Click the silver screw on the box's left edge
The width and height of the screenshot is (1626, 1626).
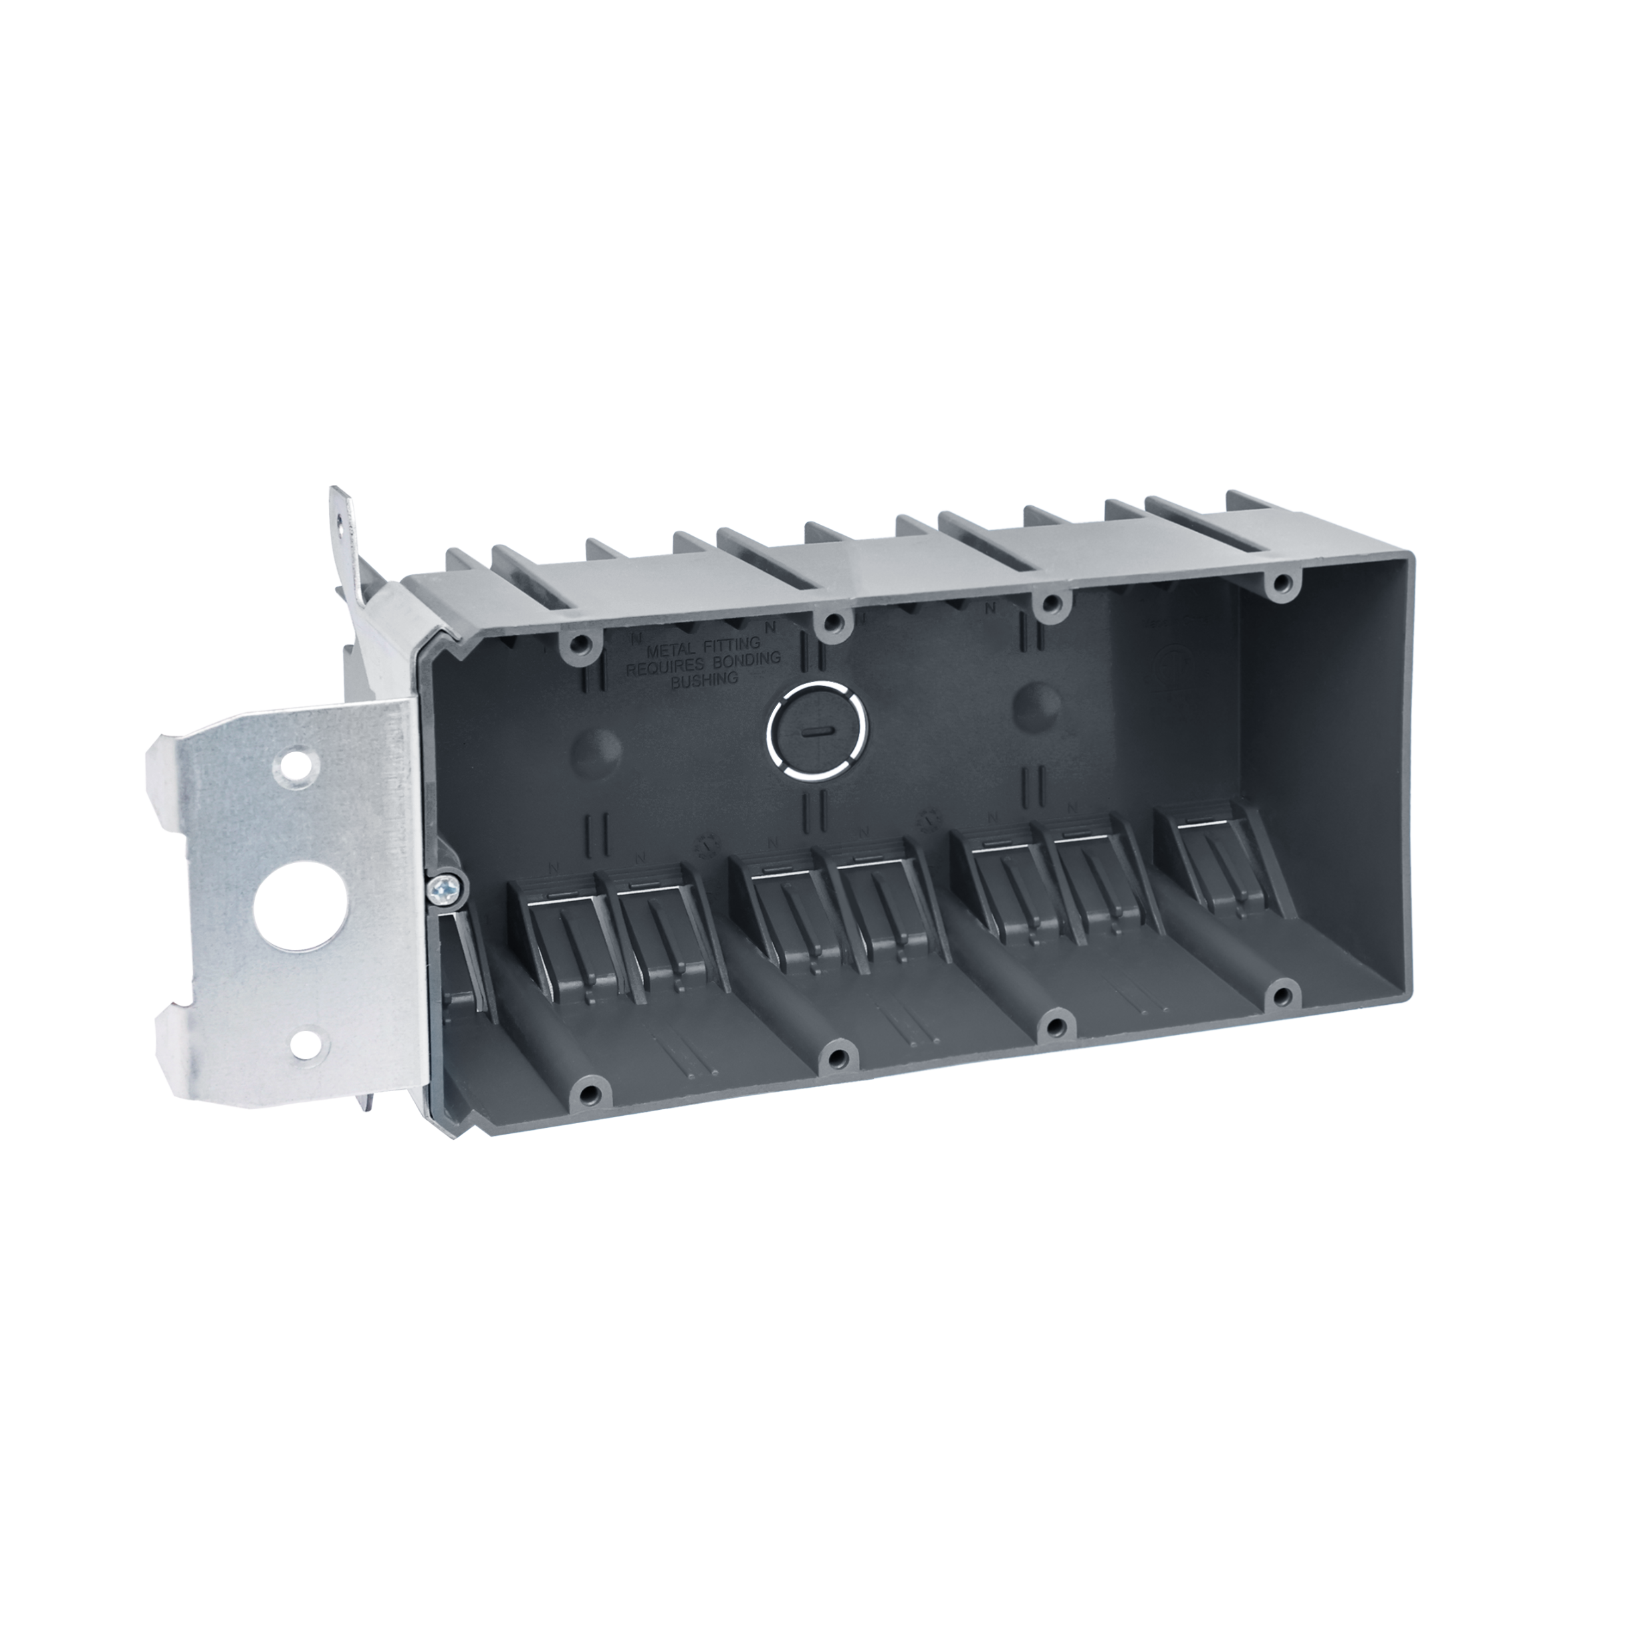[445, 888]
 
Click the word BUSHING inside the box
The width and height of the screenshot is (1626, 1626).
[705, 679]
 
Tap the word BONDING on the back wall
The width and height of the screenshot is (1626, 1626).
[747, 659]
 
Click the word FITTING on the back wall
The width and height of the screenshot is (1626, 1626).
[731, 645]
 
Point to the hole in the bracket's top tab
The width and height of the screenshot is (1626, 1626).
[338, 521]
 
